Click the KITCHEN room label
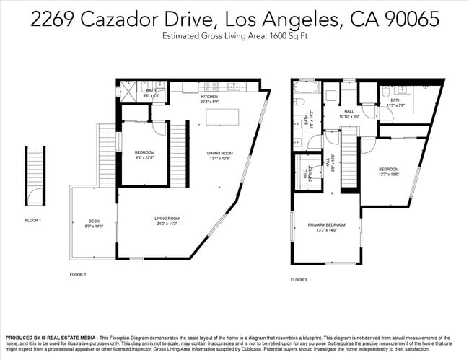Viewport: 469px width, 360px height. [x=209, y=96]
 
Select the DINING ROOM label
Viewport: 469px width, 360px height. [x=220, y=153]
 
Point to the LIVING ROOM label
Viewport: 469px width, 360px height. [x=167, y=218]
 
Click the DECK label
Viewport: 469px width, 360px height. [x=94, y=221]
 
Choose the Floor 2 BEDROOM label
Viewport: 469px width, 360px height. [x=145, y=152]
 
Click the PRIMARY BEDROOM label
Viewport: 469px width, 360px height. [x=327, y=225]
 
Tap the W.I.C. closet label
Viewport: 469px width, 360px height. [x=306, y=174]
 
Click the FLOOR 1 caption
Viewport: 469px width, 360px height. [x=33, y=220]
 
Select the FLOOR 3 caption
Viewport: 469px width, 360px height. [x=299, y=279]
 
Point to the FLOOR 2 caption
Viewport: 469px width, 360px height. [x=78, y=274]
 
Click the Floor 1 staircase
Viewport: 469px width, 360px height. [x=33, y=166]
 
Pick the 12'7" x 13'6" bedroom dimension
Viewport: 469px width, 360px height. [x=389, y=175]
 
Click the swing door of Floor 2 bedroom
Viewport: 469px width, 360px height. [x=158, y=128]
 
